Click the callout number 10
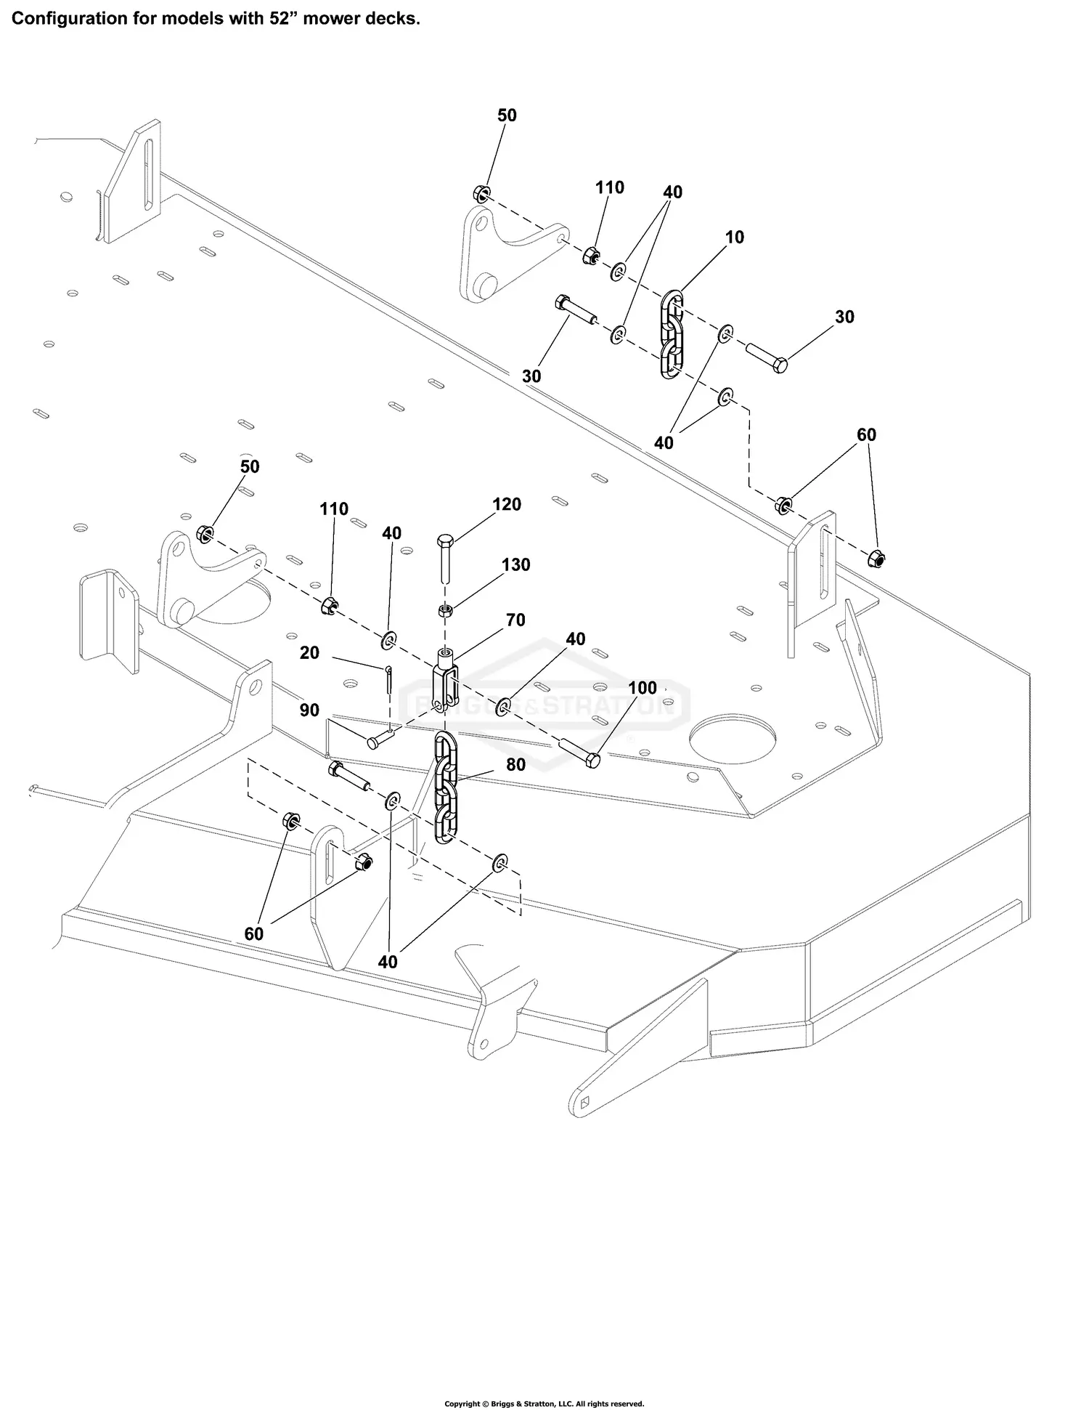tap(734, 238)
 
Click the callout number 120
tap(507, 505)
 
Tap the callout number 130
tap(515, 565)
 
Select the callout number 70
tap(515, 620)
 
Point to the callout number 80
tap(515, 764)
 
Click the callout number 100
tap(642, 688)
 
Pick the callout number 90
tap(309, 710)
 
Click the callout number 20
tap(309, 653)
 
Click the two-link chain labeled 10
tap(672, 334)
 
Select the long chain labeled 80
tap(445, 788)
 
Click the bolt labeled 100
tap(580, 752)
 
